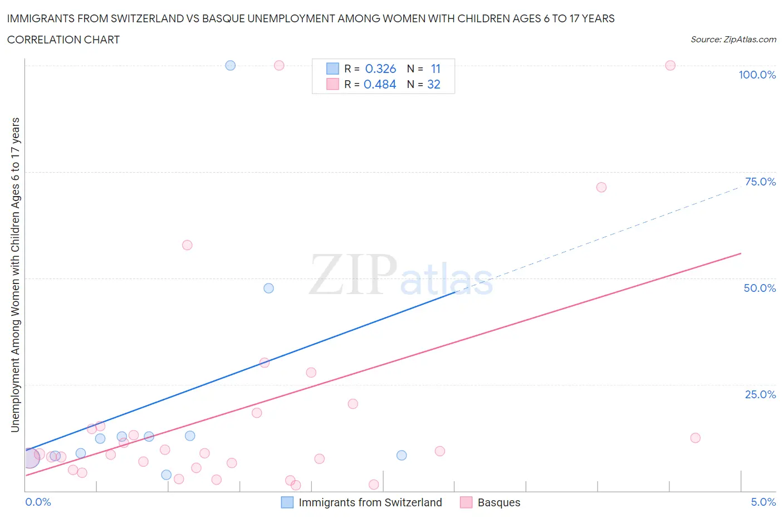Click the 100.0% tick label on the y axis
[757, 75]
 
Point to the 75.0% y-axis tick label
[760, 182]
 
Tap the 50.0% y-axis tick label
[760, 288]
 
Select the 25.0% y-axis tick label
[760, 394]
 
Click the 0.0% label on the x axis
[38, 502]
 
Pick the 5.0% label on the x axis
[763, 502]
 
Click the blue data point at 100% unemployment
[230, 65]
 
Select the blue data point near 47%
[268, 288]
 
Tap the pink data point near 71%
[601, 187]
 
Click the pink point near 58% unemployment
[187, 245]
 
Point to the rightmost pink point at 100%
[670, 65]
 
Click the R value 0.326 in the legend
[380, 69]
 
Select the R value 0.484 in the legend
[380, 84]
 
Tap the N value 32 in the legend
[433, 84]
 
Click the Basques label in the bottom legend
[499, 502]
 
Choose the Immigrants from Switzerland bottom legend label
[370, 502]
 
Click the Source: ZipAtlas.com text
[733, 39]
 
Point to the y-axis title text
[15, 275]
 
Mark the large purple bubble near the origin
[31, 458]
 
